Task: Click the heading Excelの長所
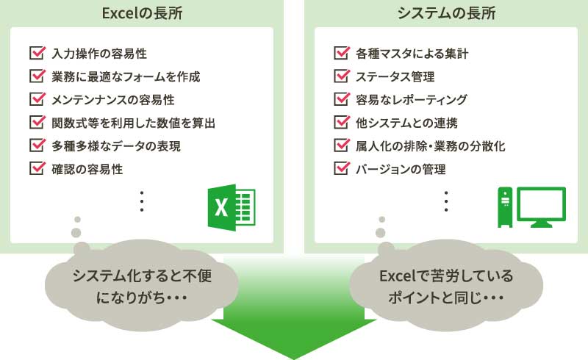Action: click(142, 13)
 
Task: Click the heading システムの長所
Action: click(446, 13)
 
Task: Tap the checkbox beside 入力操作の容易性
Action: click(37, 53)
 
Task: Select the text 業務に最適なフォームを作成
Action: click(126, 77)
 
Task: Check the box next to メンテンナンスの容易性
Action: click(37, 99)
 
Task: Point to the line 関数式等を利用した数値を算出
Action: click(134, 123)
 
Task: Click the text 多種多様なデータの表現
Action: click(116, 146)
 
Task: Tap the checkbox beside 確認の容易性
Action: click(37, 168)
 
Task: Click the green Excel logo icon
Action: click(232, 207)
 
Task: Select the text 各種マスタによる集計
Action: click(412, 54)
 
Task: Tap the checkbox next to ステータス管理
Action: click(342, 76)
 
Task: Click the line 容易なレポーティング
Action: click(412, 100)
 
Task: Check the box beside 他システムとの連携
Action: click(342, 122)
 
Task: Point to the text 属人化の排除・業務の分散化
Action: click(431, 146)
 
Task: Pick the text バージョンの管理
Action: click(401, 169)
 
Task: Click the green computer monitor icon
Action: click(542, 207)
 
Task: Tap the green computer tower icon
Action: click(505, 207)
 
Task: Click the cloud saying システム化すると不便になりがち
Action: click(141, 286)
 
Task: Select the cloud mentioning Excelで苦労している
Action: click(446, 286)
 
